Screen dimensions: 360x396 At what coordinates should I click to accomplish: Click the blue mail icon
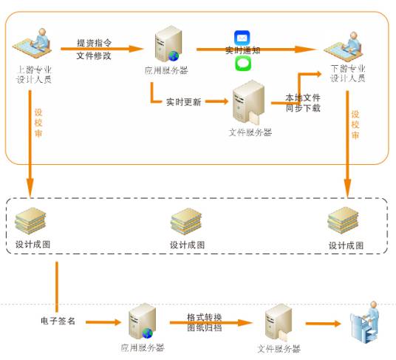243,37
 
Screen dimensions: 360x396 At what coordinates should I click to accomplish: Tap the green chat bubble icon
243,64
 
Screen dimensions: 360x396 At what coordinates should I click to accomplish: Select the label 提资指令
94,43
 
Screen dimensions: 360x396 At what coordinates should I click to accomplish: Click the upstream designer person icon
34,44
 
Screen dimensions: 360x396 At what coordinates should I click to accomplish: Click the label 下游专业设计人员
347,73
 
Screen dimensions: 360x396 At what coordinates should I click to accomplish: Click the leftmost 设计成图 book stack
32,220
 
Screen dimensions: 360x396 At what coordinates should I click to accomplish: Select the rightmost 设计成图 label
346,245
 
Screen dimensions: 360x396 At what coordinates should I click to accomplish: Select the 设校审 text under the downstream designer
355,125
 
